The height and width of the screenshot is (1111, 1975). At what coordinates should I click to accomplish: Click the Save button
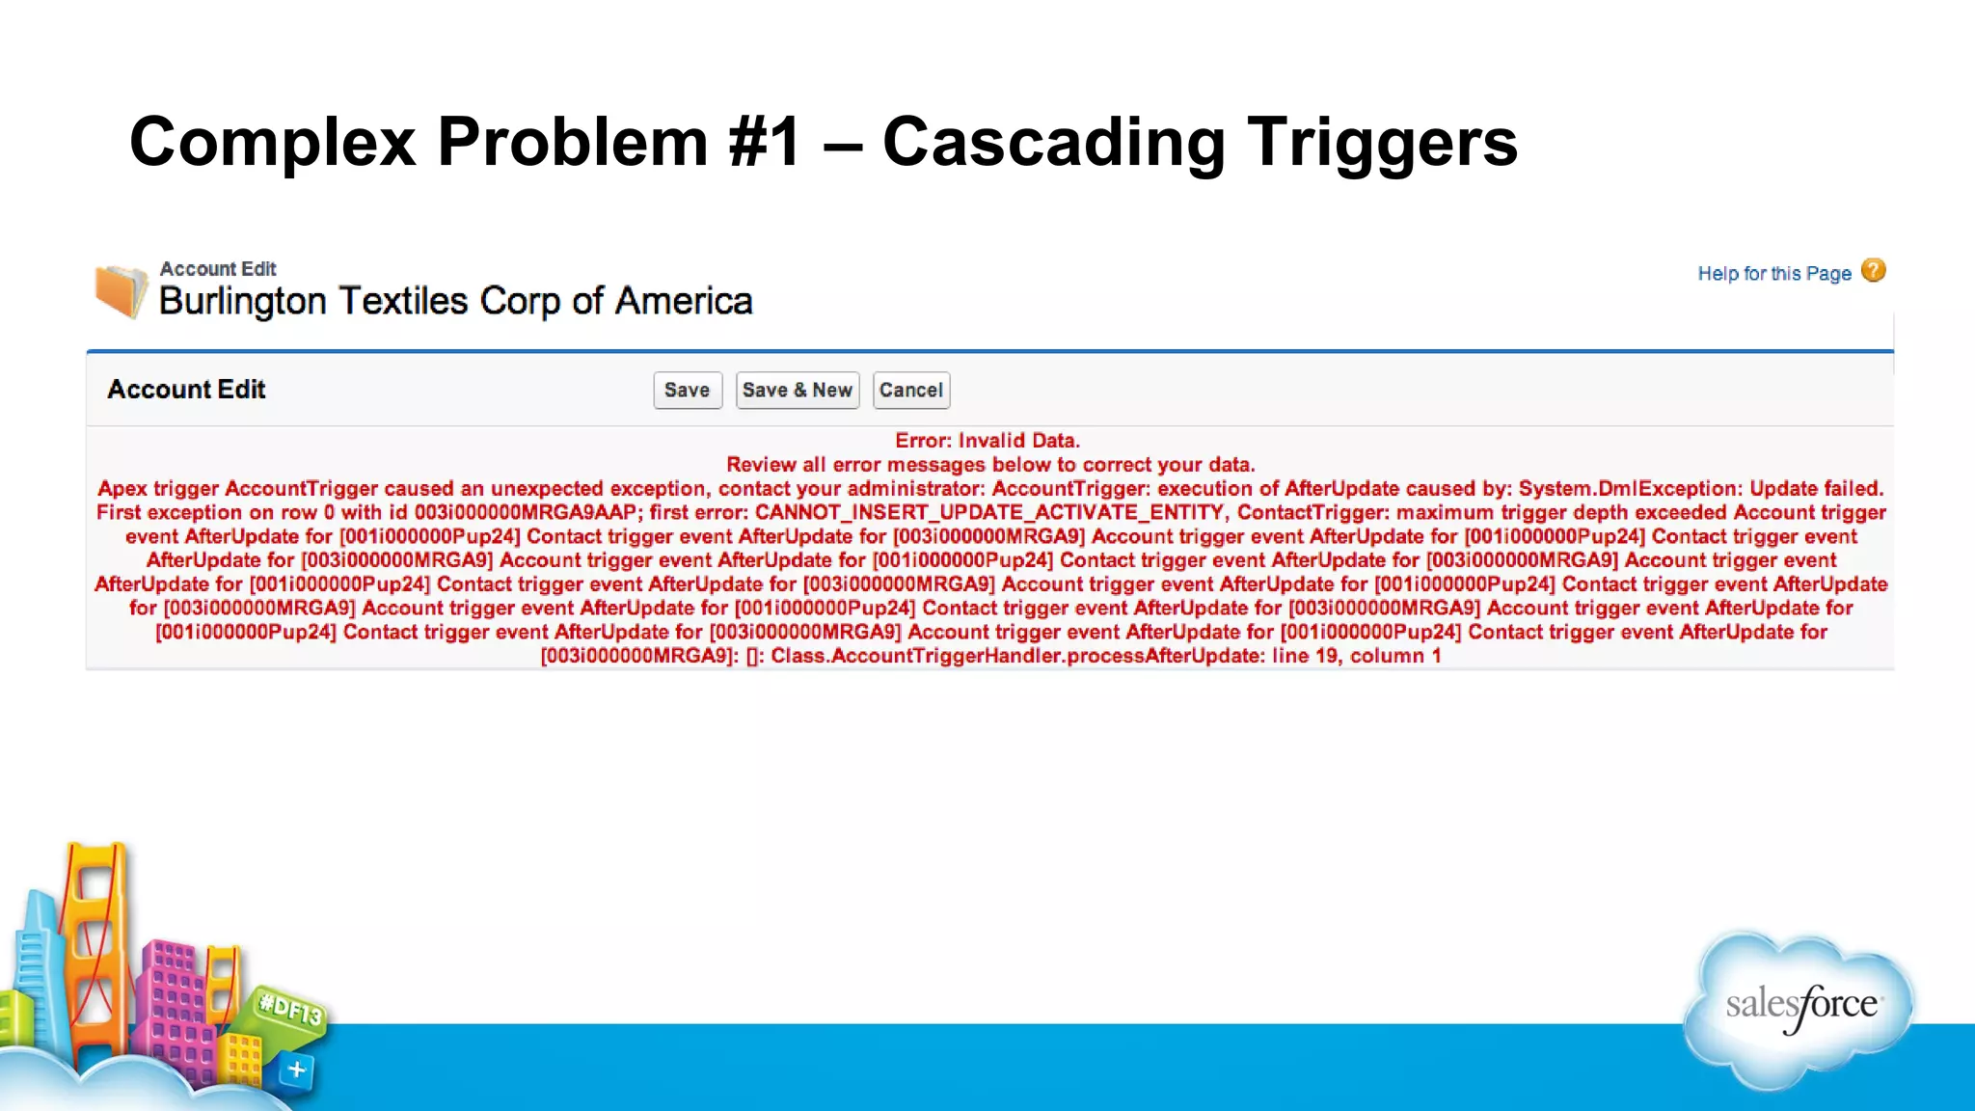pos(687,391)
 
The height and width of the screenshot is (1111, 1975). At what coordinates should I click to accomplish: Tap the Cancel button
pos(910,391)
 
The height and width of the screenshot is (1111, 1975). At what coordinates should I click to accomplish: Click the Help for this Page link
pos(1773,274)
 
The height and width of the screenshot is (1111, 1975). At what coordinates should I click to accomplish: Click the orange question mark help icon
pos(1873,271)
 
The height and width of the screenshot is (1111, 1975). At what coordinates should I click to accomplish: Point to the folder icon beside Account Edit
pos(121,290)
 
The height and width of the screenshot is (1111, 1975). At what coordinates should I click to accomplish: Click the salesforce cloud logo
pos(1799,1007)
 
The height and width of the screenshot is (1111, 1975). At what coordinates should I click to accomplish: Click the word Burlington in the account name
pos(243,301)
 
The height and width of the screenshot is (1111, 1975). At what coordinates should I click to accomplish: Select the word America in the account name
pos(684,301)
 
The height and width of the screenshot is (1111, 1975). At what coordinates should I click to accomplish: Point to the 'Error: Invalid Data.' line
pos(987,441)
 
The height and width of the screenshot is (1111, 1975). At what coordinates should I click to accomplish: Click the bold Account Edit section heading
pos(186,390)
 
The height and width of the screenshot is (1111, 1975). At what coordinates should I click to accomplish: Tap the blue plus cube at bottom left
pos(296,1070)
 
